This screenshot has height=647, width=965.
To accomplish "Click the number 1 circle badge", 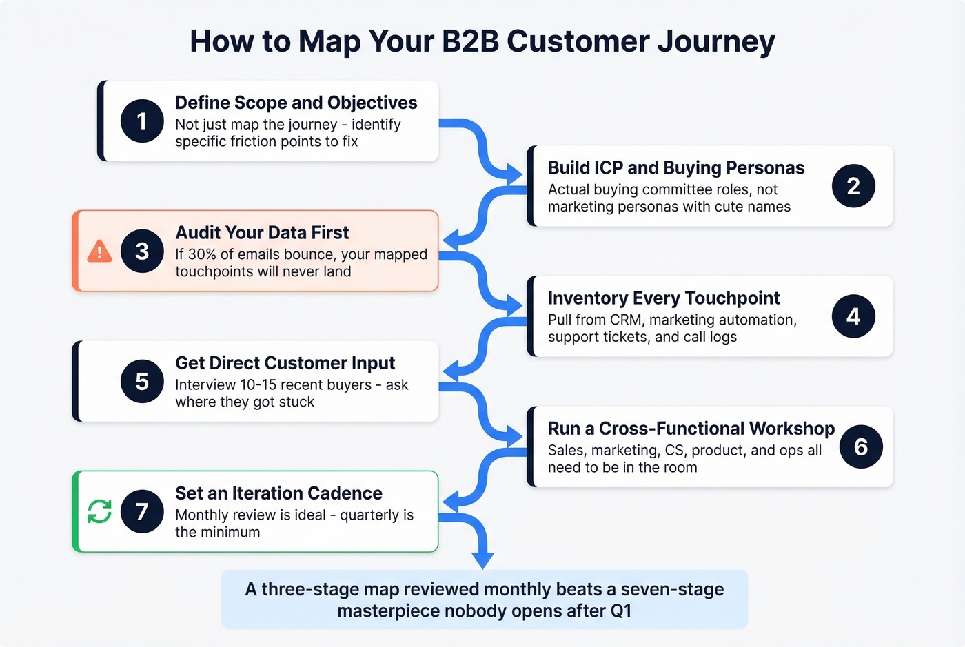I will click(142, 121).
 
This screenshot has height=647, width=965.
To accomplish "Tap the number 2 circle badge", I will click(853, 186).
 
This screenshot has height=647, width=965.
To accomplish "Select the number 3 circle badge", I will click(142, 251).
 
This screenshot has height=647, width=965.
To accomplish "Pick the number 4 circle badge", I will click(853, 316).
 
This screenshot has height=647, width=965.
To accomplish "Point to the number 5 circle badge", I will click(142, 381).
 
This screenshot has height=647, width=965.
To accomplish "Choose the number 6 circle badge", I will click(861, 446).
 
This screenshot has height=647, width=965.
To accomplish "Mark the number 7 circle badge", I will click(142, 511).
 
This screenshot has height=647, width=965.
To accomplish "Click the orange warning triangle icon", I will click(100, 251).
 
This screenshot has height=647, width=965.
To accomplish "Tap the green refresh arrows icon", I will click(100, 511).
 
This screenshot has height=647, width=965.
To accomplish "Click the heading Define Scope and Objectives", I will click(296, 103).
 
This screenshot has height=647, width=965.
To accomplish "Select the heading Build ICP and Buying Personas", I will click(675, 168).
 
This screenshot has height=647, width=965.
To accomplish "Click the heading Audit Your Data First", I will click(262, 233).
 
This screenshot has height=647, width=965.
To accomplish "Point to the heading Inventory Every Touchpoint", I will click(663, 298).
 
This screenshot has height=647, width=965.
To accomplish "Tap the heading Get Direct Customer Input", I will click(285, 363).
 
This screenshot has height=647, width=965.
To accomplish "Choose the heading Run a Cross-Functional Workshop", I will click(691, 429).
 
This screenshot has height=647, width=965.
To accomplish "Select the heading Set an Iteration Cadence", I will click(278, 493).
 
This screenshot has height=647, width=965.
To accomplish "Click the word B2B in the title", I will click(470, 41).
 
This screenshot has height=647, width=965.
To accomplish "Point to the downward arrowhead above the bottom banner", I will click(482, 559).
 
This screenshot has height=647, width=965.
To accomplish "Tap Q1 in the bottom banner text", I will click(620, 611).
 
